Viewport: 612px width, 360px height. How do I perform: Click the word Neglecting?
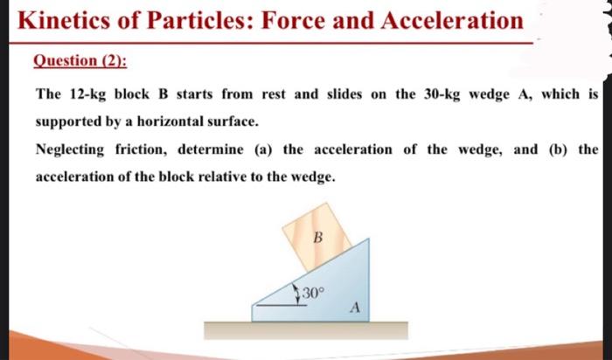tap(72, 149)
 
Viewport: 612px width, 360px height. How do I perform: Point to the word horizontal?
tap(195, 121)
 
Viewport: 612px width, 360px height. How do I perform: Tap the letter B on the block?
tap(317, 236)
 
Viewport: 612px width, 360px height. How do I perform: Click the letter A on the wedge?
tap(355, 307)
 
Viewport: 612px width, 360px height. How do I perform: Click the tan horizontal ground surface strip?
tap(305, 330)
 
